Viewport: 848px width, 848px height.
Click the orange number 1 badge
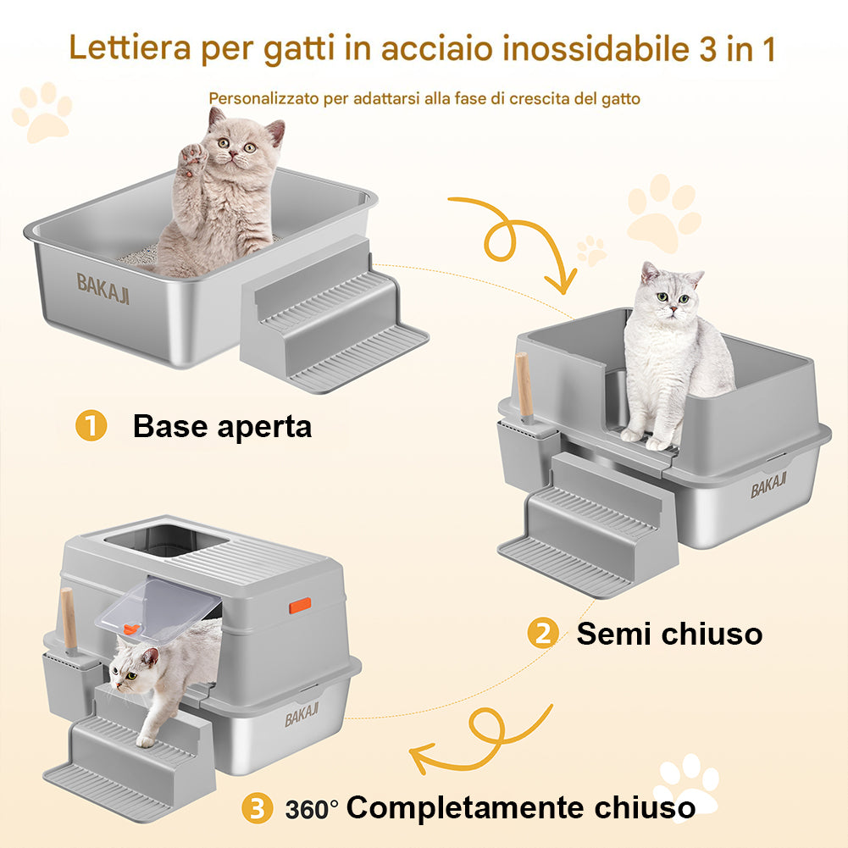[91, 426]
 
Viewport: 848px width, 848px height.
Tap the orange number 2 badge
[542, 634]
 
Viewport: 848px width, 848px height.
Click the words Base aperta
[222, 426]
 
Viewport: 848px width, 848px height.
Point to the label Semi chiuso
[669, 634]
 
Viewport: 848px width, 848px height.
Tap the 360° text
[311, 810]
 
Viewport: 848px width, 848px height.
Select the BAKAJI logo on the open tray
[103, 283]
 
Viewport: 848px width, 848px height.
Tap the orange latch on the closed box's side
[300, 605]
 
